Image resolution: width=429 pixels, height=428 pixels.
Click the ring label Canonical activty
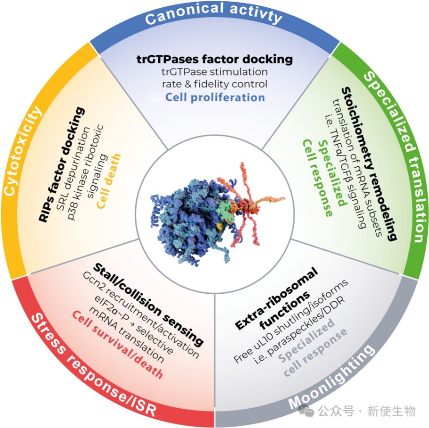pos(213,17)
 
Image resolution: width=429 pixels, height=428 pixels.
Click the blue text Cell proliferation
pos(215,97)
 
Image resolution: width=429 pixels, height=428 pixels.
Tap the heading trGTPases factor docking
pos(214,59)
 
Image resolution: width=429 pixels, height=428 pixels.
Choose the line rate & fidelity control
pos(214,84)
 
